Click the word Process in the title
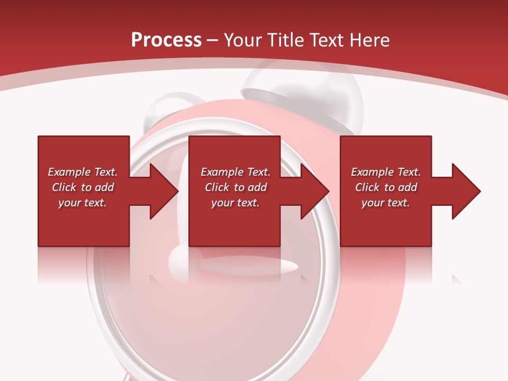166,40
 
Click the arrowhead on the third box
466,191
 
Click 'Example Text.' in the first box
83,172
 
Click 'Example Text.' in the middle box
235,172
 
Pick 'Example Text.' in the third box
386,172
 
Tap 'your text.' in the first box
83,203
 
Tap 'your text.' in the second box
235,203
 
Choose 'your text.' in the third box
386,203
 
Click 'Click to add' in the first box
83,187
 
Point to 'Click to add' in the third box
386,187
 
